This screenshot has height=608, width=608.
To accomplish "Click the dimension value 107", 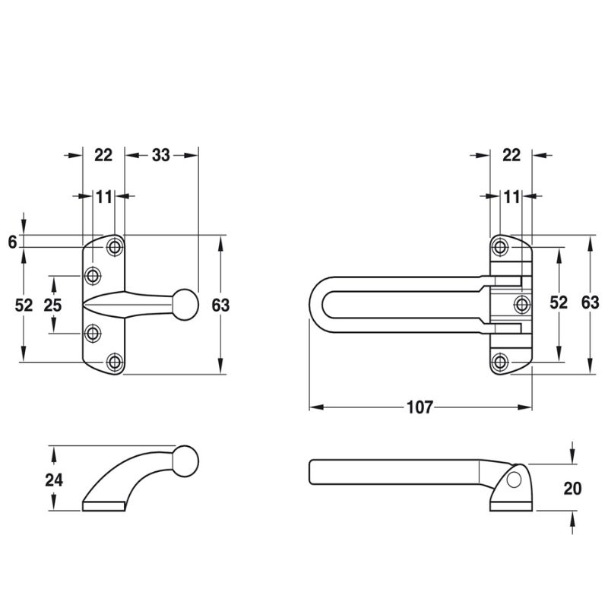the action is click(420, 407).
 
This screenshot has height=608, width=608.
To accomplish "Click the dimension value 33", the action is click(160, 155).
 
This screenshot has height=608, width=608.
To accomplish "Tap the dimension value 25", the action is click(52, 306).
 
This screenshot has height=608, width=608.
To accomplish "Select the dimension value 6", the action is click(12, 242).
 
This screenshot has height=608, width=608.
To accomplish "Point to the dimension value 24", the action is click(54, 480).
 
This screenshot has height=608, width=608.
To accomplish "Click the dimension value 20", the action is click(572, 489).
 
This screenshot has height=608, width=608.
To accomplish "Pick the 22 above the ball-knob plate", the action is click(103, 155).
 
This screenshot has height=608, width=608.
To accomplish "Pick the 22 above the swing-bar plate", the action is click(511, 155).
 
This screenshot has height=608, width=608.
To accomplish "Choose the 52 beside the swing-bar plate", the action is click(559, 302).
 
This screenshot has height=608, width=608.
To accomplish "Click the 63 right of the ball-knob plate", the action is click(220, 306).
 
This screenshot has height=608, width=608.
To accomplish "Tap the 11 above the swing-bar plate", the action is click(511, 197).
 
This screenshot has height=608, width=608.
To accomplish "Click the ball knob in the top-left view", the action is click(185, 305).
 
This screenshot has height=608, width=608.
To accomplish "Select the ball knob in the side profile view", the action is click(185, 461).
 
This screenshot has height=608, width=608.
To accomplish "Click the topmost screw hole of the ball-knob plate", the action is click(114, 246).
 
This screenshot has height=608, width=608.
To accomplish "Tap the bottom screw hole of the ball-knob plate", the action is click(114, 363).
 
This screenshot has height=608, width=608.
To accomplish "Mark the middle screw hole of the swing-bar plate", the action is click(522, 304).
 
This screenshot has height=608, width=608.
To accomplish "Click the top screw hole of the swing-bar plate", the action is click(499, 246).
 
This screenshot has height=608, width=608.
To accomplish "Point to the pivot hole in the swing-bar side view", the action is click(515, 480).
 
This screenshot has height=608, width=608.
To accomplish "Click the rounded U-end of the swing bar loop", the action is click(315, 305).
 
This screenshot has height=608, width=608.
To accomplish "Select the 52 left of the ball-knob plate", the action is click(24, 306).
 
